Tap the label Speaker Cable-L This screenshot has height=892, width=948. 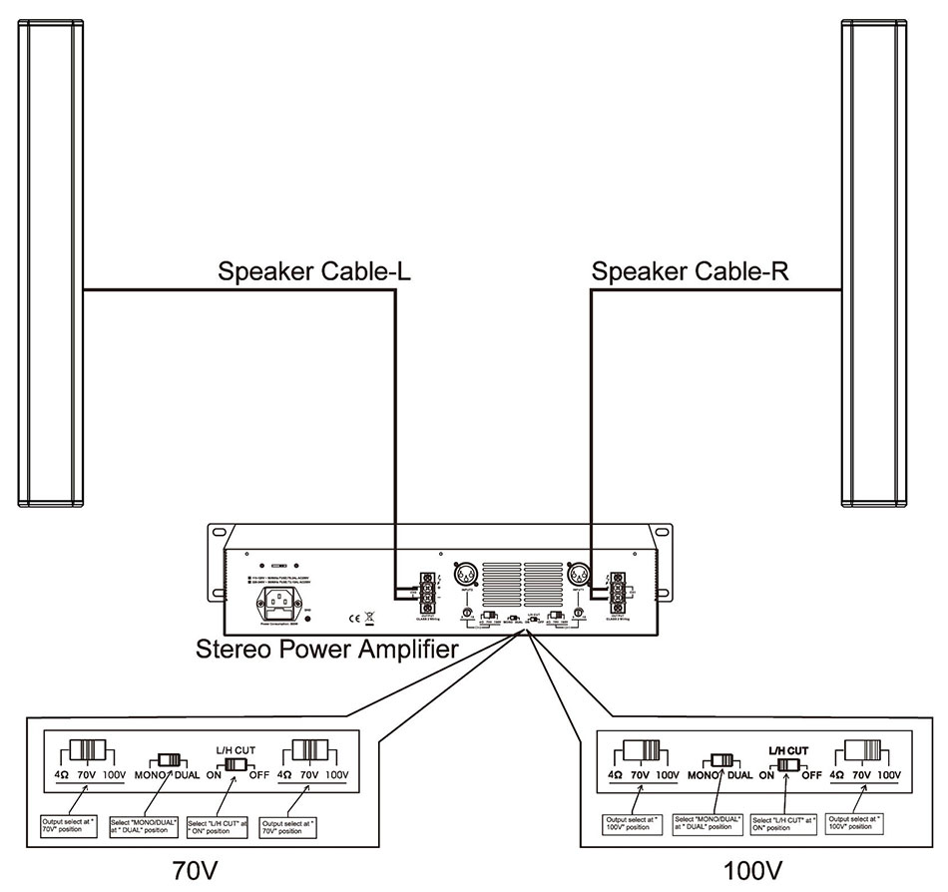click(306, 271)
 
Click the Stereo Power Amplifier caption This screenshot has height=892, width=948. click(328, 650)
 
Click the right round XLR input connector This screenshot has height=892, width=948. click(578, 576)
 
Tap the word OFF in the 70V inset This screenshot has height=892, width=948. click(258, 773)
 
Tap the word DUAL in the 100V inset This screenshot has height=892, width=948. click(739, 774)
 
